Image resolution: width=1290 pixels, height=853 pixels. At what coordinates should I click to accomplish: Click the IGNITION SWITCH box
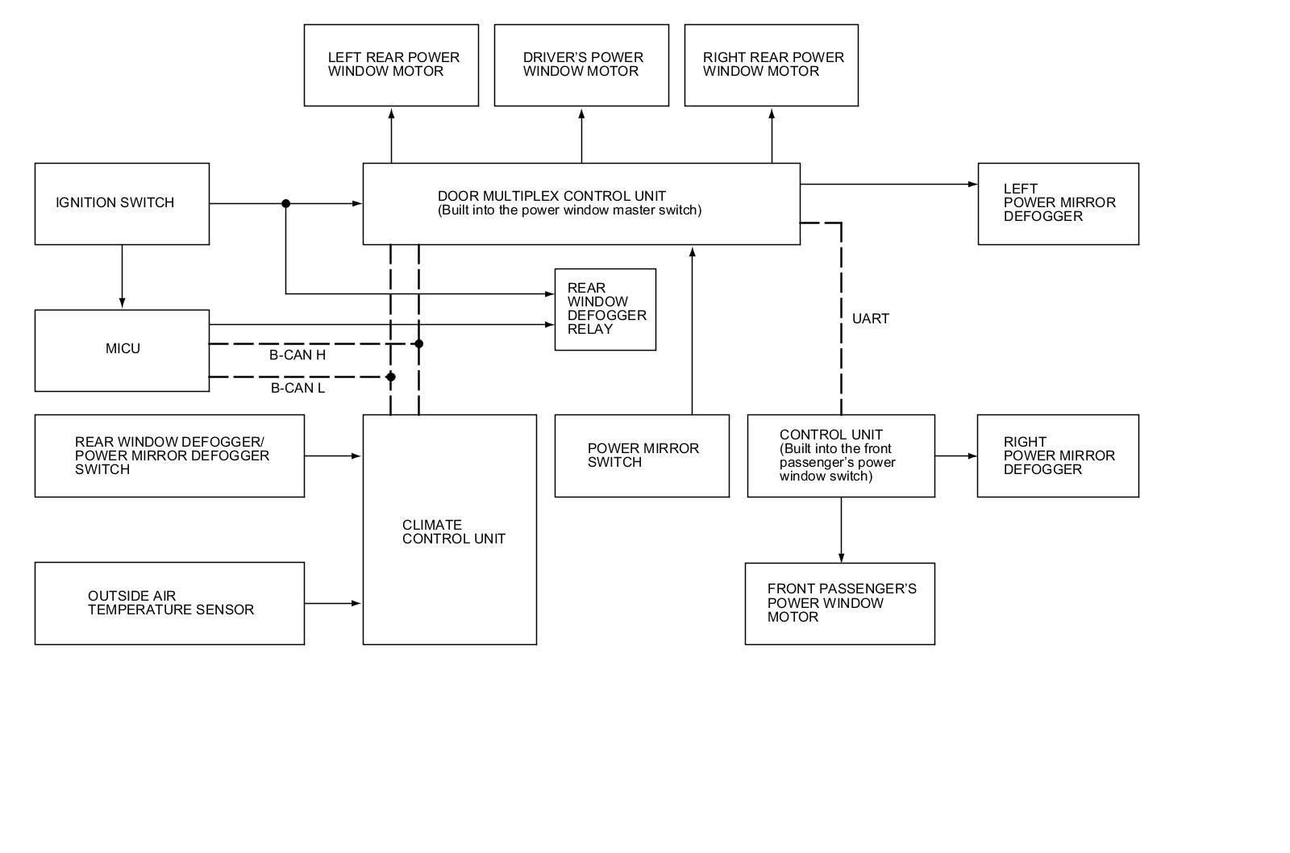pos(122,203)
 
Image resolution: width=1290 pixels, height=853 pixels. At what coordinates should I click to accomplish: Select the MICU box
pos(122,350)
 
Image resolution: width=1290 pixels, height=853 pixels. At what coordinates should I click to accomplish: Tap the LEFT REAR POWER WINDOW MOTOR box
pos(391,64)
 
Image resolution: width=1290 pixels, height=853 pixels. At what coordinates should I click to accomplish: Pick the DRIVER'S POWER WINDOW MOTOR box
pos(581,64)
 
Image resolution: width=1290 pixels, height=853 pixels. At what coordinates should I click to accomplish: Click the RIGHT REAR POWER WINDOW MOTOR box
pos(771,64)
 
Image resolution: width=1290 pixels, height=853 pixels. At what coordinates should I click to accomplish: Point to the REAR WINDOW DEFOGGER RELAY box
pos(605,309)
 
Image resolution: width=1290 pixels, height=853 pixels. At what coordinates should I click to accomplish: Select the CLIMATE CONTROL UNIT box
pos(449,529)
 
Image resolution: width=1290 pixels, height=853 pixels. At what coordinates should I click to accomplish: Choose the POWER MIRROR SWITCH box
pos(642,456)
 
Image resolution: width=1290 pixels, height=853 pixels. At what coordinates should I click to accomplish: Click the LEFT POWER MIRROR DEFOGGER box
pos(1058,203)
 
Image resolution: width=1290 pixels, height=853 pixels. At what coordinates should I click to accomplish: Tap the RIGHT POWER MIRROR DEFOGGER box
pos(1058,456)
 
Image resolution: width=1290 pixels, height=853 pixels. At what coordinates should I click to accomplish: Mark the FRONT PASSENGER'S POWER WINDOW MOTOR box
pos(839,603)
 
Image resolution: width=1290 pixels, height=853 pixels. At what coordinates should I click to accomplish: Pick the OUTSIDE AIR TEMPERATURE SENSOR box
pos(169,603)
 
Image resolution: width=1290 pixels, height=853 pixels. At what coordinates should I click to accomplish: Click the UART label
pos(871,318)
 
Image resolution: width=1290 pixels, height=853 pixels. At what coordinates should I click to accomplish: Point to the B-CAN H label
pos(298,355)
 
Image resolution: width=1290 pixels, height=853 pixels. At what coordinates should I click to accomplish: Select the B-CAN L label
pos(298,388)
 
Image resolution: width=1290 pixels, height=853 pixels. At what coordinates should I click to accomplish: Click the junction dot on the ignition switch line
pos(285,204)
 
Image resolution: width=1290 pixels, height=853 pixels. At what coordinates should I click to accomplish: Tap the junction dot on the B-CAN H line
pos(418,343)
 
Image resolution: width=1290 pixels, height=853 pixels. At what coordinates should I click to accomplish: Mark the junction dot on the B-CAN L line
pos(391,377)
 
